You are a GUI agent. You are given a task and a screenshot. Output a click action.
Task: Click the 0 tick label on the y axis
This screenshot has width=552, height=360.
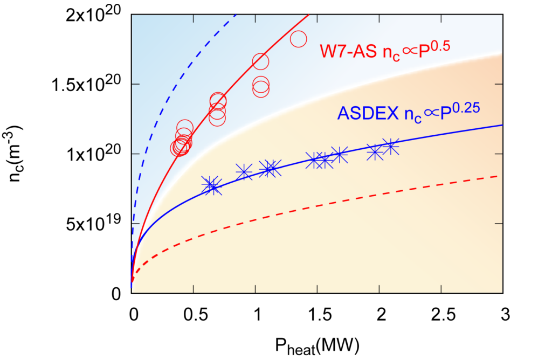116,294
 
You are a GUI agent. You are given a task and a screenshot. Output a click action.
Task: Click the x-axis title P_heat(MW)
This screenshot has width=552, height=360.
317,344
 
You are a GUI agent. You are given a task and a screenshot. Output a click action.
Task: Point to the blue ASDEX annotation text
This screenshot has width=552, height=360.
408,113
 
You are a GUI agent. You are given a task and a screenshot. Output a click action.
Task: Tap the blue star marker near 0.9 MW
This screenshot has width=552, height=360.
244,173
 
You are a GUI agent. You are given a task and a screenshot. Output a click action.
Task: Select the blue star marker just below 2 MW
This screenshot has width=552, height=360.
375,152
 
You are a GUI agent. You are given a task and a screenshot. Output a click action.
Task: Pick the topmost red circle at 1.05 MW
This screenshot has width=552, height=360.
260,61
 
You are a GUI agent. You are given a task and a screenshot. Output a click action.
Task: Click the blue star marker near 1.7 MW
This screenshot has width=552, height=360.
339,155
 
